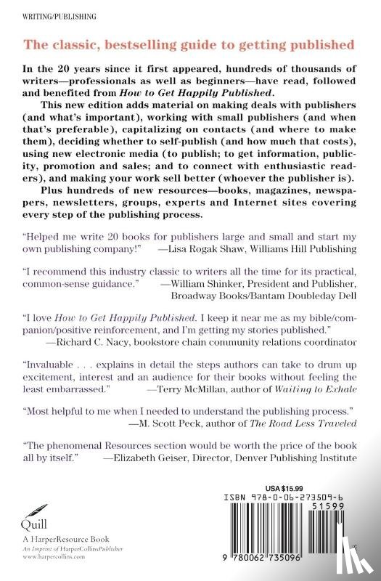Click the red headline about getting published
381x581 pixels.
tap(190, 45)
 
